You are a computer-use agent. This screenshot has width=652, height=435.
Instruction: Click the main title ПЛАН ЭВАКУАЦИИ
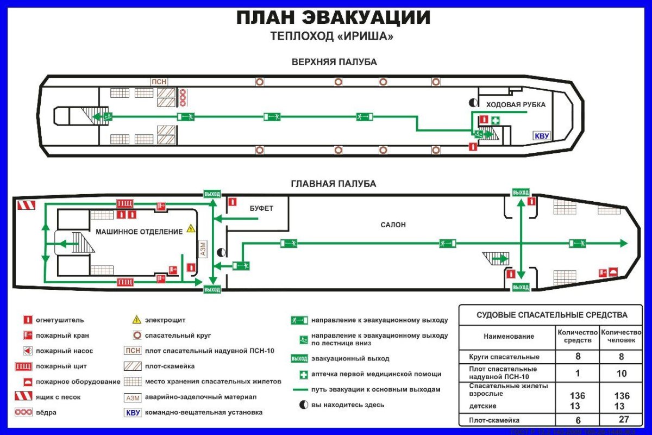(x=333, y=18)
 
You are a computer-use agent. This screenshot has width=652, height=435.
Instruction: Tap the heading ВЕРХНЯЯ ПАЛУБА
(x=334, y=62)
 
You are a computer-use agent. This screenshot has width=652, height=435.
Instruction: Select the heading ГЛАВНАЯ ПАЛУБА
(x=334, y=184)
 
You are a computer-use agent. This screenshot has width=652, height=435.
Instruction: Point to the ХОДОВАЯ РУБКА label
(x=515, y=104)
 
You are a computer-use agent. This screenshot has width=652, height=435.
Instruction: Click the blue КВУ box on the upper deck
(x=542, y=135)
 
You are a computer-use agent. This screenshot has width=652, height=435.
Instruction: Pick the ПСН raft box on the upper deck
(x=159, y=82)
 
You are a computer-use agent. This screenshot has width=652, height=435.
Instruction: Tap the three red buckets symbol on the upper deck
(x=183, y=97)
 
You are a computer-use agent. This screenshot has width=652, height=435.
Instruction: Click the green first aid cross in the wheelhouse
(x=496, y=120)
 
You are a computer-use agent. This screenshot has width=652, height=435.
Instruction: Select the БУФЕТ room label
(x=261, y=208)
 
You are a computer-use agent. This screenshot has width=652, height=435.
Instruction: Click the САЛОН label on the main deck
(x=393, y=225)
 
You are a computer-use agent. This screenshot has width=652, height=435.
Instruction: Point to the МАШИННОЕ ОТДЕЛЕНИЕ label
(x=139, y=232)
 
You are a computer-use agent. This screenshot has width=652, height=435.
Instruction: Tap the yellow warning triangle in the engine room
(x=191, y=228)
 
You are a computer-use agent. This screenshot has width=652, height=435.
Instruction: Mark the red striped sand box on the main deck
(x=27, y=206)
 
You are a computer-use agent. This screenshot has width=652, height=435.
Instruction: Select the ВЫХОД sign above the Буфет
(x=212, y=194)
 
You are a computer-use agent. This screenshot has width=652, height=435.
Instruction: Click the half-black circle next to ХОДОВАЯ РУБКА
(x=473, y=102)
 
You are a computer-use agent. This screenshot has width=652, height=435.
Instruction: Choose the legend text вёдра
(x=46, y=413)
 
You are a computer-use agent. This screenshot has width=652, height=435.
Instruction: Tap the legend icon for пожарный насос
(x=27, y=351)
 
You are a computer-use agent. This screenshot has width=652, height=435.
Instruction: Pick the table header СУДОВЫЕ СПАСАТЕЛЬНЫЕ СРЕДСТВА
(x=551, y=315)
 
